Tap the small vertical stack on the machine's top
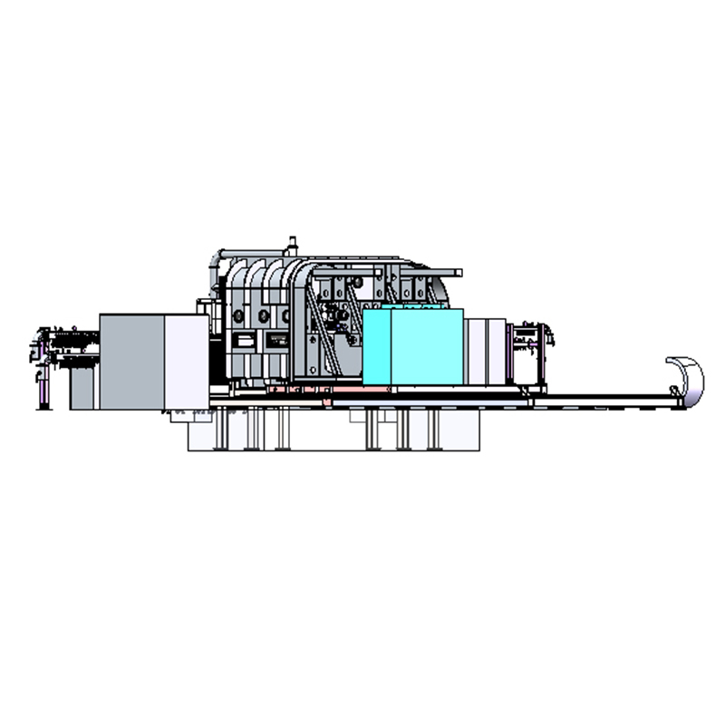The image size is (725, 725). [292, 245]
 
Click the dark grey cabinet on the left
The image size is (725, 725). [131, 361]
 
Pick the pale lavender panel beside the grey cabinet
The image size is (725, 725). [186, 361]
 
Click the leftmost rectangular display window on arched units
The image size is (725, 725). [243, 342]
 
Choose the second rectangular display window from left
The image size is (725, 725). [275, 342]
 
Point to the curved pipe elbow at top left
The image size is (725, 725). [215, 257]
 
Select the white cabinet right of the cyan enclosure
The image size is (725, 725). [485, 349]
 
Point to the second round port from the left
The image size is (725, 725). [264, 316]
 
